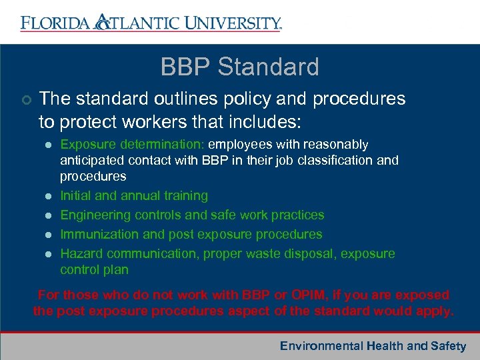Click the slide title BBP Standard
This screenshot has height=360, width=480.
(240, 67)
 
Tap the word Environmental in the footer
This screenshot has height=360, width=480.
(321, 346)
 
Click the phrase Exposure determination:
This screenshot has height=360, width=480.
(133, 144)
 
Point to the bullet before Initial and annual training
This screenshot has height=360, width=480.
(47, 196)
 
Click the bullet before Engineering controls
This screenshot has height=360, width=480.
(47, 215)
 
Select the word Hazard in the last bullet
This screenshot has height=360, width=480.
(81, 254)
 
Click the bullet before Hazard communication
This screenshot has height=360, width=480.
(47, 254)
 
